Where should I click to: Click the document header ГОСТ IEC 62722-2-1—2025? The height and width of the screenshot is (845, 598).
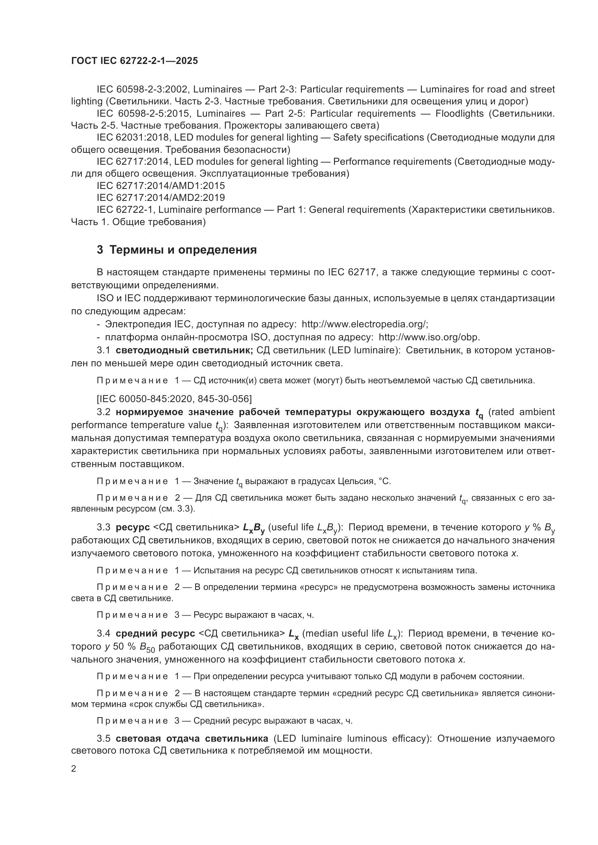click(134, 61)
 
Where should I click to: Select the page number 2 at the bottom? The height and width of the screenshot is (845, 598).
click(74, 769)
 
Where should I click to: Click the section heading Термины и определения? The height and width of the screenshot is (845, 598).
click(183, 250)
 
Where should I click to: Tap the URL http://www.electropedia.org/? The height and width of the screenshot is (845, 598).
click(364, 324)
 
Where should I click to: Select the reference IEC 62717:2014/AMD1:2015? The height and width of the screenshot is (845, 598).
click(161, 185)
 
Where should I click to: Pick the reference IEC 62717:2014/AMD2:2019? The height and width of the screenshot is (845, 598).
click(161, 198)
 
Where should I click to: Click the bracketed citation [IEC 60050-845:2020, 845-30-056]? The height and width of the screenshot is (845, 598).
click(174, 398)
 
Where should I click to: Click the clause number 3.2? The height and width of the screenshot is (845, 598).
click(103, 412)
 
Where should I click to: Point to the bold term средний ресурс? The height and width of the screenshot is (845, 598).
click(155, 633)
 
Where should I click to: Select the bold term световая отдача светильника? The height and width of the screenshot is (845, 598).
click(192, 739)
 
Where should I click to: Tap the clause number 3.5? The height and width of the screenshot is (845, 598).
click(103, 739)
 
